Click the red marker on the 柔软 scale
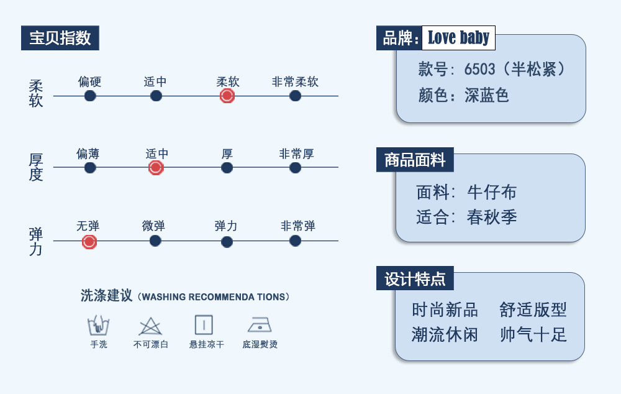coord(227,96)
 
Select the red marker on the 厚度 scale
coord(156,168)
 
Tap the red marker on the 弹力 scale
coord(89,242)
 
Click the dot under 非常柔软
coord(295,96)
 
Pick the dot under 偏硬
coord(90,96)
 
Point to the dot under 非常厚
coord(295,168)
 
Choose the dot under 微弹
coord(155,241)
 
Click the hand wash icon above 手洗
coord(98,326)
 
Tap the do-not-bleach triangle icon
coord(150,326)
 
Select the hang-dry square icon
coord(204,325)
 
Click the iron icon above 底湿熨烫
coord(260,324)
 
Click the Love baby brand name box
coord(459,38)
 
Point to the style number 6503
coord(479,70)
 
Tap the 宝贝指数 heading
coord(60,38)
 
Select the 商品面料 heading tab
coord(415,160)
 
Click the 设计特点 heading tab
coord(415,278)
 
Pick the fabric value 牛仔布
coord(492,193)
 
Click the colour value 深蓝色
coord(487,96)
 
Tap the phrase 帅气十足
coord(533,334)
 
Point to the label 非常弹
coord(298,226)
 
